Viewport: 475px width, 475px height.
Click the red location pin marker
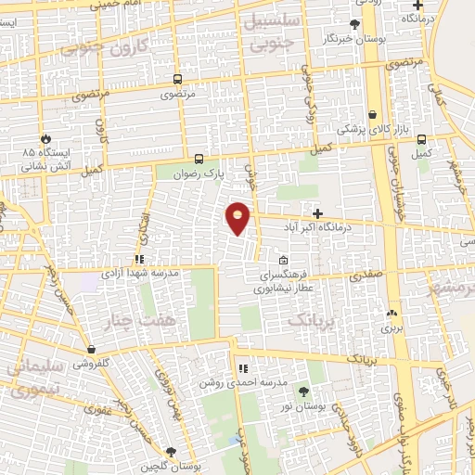click(238, 218)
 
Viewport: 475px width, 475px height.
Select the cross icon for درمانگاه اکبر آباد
click(318, 213)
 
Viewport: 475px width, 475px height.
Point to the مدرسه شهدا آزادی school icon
click(139, 259)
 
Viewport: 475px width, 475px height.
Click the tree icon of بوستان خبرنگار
click(354, 25)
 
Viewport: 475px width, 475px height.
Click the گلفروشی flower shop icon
click(91, 350)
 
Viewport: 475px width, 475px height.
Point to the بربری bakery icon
click(392, 315)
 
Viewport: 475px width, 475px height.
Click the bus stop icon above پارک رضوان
click(199, 158)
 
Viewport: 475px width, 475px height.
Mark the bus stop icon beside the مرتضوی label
click(176, 79)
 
